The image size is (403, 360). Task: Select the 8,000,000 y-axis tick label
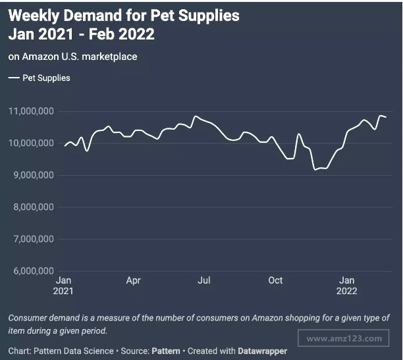(x=33, y=207)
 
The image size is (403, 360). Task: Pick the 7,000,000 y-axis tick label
(x=33, y=239)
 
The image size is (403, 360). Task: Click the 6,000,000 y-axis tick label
(x=33, y=270)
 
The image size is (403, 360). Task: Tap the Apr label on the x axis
(x=133, y=280)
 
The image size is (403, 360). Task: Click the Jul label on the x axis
(x=204, y=280)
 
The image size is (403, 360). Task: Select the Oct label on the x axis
(x=275, y=280)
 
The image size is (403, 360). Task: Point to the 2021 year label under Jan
(x=64, y=291)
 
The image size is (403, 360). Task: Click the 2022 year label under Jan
(x=347, y=291)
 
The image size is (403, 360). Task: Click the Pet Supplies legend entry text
(x=46, y=78)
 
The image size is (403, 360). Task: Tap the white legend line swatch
(x=14, y=78)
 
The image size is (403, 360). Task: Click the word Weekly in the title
(x=34, y=14)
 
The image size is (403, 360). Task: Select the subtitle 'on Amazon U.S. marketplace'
(x=72, y=57)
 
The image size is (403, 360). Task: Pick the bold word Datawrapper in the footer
(x=262, y=351)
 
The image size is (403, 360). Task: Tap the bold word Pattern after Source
(x=167, y=351)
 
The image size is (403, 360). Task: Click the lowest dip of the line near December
(x=315, y=169)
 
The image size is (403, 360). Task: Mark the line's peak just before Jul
(x=195, y=116)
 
